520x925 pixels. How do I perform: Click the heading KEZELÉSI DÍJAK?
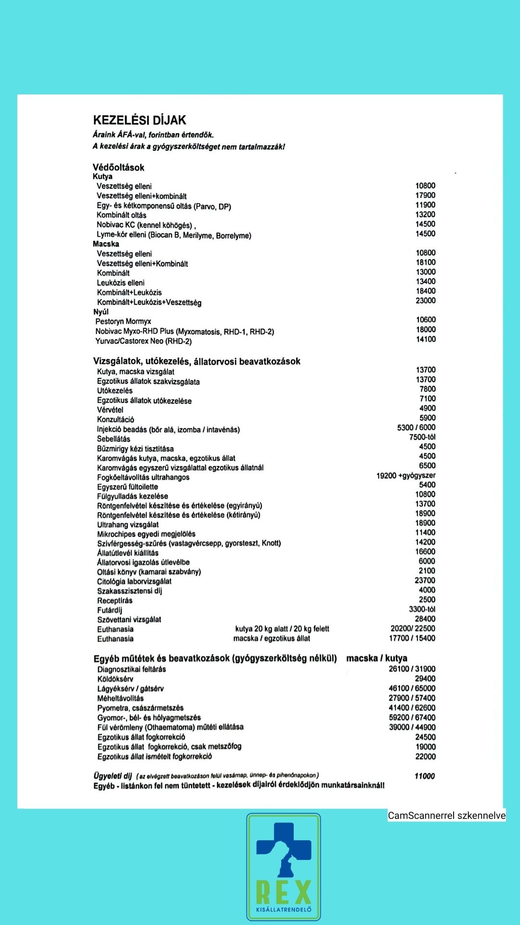click(140, 120)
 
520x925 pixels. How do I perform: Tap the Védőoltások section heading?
click(118, 168)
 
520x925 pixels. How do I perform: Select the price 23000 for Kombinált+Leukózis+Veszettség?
click(426, 301)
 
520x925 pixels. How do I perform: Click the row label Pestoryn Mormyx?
click(123, 321)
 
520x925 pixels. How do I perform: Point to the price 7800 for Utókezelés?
click(428, 389)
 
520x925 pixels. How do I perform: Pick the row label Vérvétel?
click(110, 410)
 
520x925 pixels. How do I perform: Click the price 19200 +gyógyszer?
click(406, 476)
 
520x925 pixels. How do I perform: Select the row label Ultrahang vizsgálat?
click(128, 525)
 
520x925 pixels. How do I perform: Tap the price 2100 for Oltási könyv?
click(427, 571)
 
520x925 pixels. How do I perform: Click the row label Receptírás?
click(115, 601)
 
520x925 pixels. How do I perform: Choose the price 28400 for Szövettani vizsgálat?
click(425, 619)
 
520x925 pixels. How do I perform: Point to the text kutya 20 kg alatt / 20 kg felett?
click(282, 629)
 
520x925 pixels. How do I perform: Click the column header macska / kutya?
click(377, 659)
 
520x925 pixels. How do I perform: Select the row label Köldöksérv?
click(116, 679)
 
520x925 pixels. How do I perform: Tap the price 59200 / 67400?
click(412, 717)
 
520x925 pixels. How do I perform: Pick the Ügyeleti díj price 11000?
click(424, 776)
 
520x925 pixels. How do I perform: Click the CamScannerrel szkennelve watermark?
click(447, 815)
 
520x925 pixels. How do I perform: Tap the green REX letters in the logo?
click(284, 892)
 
